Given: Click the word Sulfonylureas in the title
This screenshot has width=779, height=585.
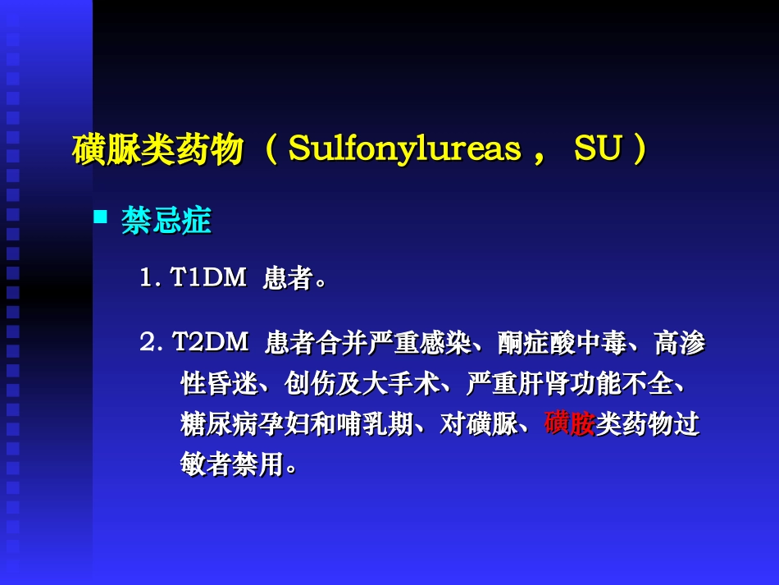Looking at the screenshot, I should point(405,149).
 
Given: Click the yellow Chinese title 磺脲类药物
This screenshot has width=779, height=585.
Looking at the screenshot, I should point(157,150).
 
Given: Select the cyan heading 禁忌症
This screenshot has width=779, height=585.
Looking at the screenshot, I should point(166,220).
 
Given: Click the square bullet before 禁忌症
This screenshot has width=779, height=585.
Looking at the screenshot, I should point(101,217).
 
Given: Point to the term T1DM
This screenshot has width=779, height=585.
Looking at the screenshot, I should point(208,278).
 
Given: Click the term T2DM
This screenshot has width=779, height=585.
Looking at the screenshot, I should point(210,342).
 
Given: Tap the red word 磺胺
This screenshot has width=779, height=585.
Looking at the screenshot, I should point(569,424).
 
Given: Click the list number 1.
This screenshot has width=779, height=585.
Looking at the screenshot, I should point(146,278).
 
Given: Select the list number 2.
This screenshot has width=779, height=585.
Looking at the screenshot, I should point(148,342).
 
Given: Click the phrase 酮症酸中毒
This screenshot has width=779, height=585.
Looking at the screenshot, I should point(561,343).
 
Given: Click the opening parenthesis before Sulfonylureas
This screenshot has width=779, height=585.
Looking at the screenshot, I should point(272,150).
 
